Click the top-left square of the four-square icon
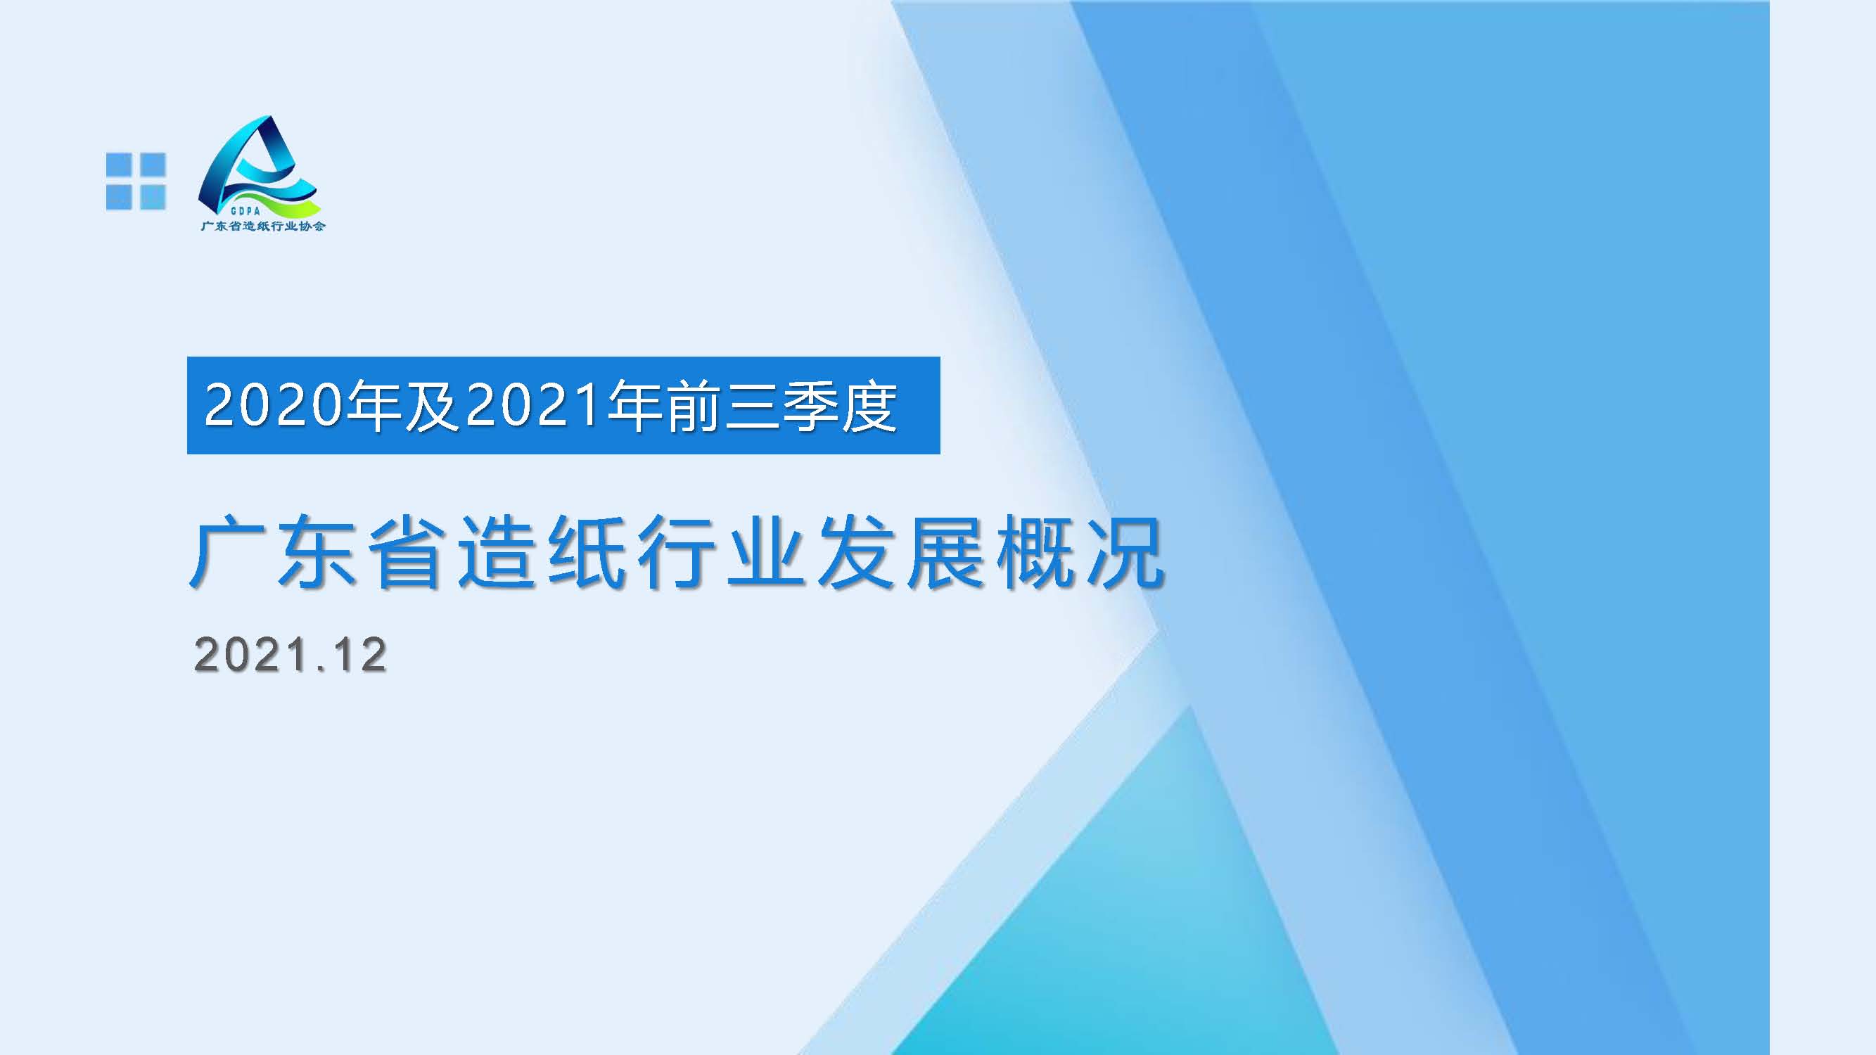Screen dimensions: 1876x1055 click(x=118, y=164)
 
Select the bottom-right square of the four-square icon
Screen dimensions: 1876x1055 click(x=153, y=198)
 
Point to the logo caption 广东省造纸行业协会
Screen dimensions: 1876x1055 click(x=263, y=226)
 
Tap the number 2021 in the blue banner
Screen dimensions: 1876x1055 click(x=535, y=405)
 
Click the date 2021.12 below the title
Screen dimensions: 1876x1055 click(x=291, y=655)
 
